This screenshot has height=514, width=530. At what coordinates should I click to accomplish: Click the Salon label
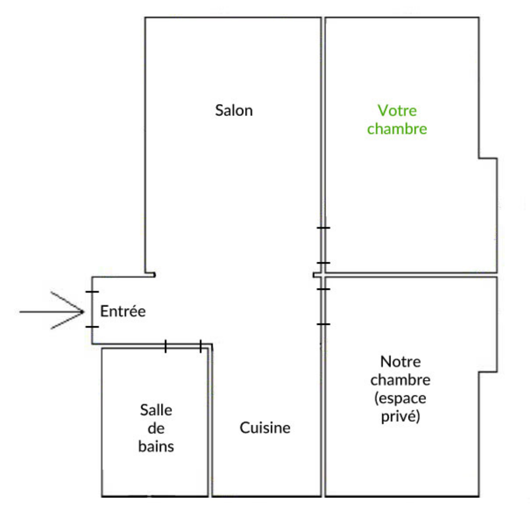[234, 110]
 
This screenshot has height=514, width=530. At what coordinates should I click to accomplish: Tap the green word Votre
[397, 110]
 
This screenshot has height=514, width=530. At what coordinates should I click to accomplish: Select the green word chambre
[397, 128]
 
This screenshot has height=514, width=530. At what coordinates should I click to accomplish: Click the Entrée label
[123, 311]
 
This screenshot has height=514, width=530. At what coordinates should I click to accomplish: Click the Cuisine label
[265, 427]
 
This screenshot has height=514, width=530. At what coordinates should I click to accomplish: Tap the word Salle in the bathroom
[156, 410]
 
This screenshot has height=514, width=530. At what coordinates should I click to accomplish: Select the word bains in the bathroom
[156, 446]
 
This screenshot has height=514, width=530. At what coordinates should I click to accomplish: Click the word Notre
[400, 362]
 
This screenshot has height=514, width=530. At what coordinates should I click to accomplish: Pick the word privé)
[400, 417]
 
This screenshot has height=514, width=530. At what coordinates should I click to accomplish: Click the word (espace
[400, 398]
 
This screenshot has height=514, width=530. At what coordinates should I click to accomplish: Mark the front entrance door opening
[92, 309]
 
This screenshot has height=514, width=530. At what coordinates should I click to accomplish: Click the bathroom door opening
[183, 346]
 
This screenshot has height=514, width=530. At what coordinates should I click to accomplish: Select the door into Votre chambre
[323, 245]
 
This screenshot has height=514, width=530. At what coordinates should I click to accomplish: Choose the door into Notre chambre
[323, 306]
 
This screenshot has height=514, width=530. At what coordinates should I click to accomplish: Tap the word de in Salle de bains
[156, 428]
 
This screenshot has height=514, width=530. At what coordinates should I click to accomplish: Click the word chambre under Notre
[400, 380]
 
